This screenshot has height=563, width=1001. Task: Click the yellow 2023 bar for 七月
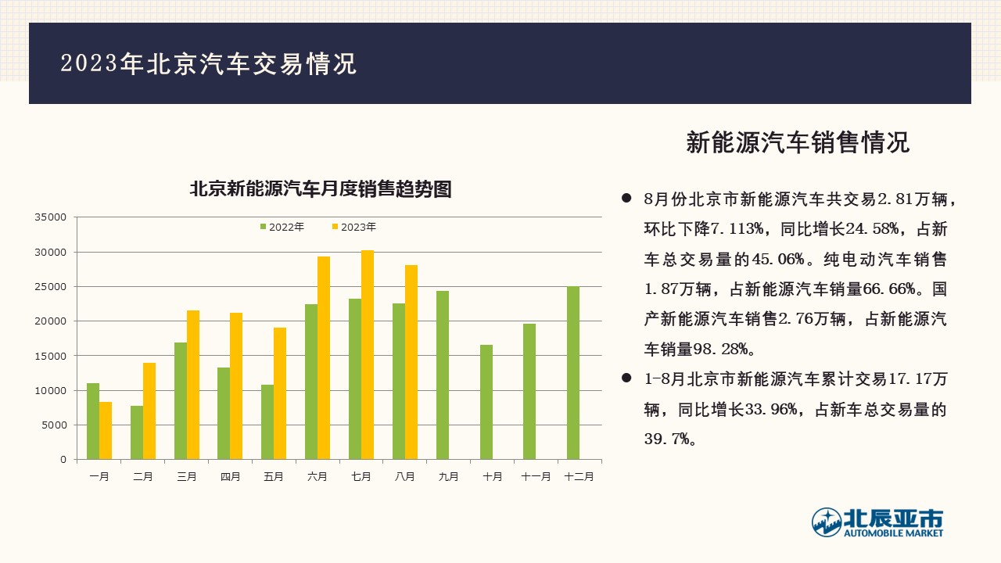[x=368, y=355]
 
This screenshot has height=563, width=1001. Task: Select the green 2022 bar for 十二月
[x=573, y=373]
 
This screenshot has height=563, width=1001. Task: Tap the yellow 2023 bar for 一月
[x=106, y=431]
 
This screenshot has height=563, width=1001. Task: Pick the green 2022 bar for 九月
[x=443, y=375]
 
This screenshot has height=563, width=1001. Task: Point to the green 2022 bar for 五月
[x=267, y=421]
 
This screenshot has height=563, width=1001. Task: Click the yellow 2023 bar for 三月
[x=193, y=385]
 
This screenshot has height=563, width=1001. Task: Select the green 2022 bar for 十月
[x=486, y=402]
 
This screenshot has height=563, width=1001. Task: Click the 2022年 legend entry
[x=282, y=227]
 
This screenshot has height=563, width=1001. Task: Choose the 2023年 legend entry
[x=354, y=227]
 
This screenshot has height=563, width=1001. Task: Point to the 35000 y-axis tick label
[x=51, y=217]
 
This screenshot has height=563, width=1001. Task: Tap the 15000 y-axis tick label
[x=51, y=356]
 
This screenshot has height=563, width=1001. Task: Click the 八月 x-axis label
[x=404, y=477]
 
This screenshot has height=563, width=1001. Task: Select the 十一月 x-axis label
[x=536, y=477]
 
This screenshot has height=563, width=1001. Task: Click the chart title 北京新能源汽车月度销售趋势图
[x=321, y=189]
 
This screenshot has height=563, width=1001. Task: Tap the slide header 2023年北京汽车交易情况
[x=209, y=63]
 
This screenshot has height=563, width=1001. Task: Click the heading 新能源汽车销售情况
[x=798, y=142]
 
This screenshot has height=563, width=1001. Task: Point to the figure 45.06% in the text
[x=778, y=259]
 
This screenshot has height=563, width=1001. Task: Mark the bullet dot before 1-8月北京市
[x=626, y=378]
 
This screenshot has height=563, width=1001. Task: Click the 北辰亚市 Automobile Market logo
[x=877, y=522]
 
